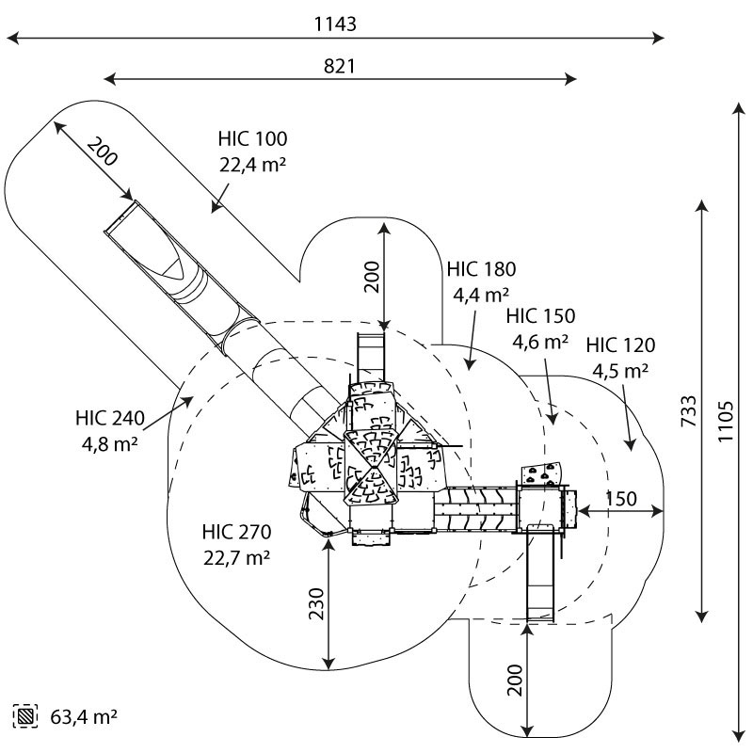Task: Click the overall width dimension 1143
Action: coord(335,24)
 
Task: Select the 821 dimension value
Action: coord(340,66)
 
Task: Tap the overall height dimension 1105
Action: coord(725,421)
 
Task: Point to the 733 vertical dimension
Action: coord(689,411)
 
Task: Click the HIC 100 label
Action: coord(252,138)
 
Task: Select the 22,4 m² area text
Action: coord(252,165)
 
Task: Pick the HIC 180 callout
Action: coord(481,269)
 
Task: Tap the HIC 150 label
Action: coord(540,316)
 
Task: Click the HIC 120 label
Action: coord(620,344)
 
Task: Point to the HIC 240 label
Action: coord(110,418)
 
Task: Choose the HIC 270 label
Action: coord(237,532)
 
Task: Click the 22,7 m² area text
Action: coord(237,558)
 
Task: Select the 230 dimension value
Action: coord(317,603)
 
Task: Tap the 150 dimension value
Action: coord(621,500)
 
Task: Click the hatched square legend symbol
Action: coord(25,716)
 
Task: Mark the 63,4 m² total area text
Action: coord(84,717)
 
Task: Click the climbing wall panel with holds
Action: coord(540,473)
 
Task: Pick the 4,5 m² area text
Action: coord(620,371)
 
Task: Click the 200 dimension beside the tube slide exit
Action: coord(103,152)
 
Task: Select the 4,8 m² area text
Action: coord(110,444)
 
